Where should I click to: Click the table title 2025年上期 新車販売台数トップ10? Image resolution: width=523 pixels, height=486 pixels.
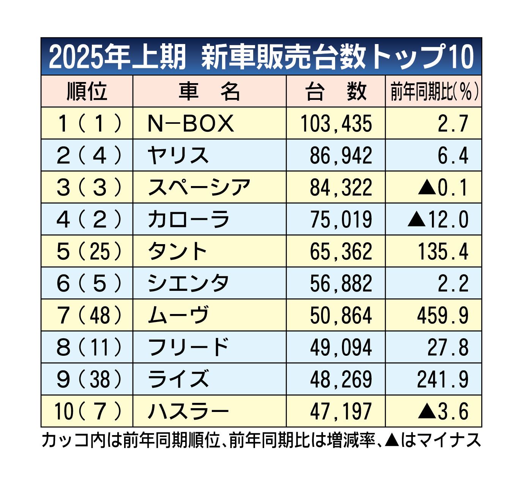coord(261,57)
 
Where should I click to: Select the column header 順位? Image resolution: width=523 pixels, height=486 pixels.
coord(87,92)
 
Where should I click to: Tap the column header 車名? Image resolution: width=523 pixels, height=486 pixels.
coord(209,92)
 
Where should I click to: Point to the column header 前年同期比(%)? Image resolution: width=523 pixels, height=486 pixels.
coord(434,92)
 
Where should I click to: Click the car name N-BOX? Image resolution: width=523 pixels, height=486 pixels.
coord(191,123)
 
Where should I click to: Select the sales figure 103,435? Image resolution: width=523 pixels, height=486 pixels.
coord(336,124)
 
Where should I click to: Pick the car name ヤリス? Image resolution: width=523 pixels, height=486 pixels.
coord(178,156)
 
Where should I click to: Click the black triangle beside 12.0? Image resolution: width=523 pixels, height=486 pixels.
coord(416,219)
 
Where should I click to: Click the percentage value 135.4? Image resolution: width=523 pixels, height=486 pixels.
coord(443,251)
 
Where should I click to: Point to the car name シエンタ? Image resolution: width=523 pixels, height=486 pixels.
coord(188,283)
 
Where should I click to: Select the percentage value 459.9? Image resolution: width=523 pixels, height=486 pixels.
coord(443,316)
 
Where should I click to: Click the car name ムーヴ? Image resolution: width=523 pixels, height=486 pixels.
coord(178,316)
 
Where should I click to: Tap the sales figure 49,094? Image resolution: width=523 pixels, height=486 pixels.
coord(341,347)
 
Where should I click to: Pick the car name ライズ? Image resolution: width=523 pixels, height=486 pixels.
coord(178,379)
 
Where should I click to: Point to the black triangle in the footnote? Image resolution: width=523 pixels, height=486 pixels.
coord(391,440)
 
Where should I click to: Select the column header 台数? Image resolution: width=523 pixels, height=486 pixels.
coord(336,92)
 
